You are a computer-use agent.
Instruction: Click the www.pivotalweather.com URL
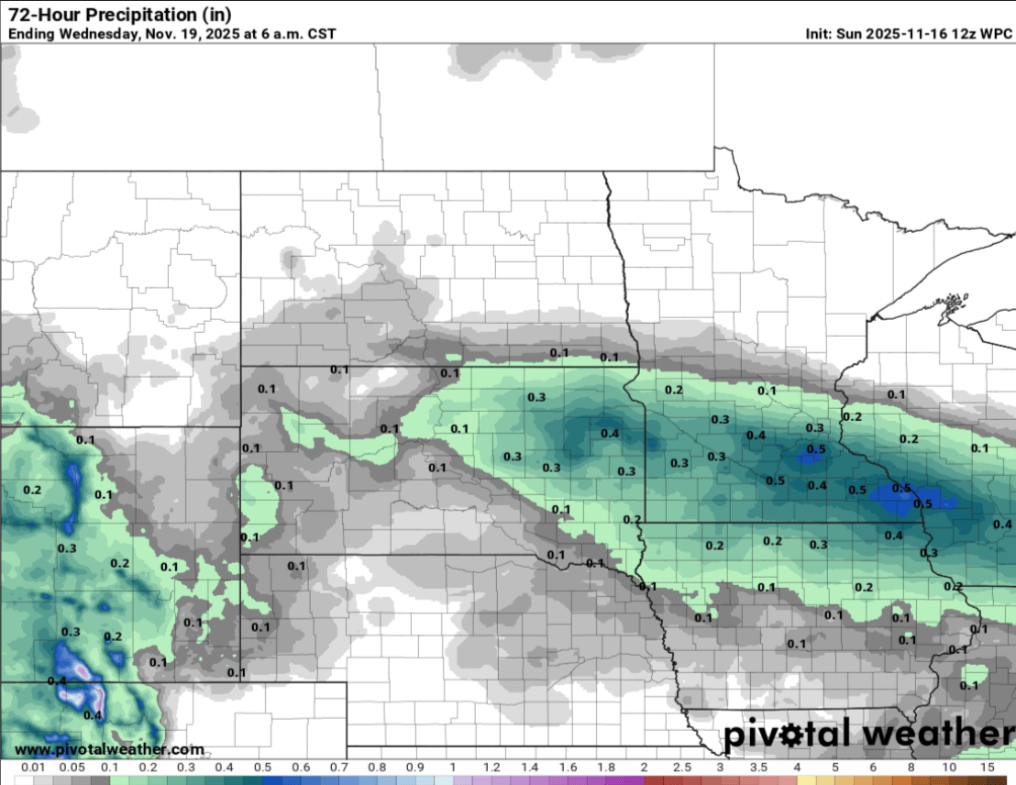[x=109, y=749]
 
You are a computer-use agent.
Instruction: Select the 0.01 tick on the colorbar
[x=32, y=766]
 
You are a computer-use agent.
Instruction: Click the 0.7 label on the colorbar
[x=338, y=766]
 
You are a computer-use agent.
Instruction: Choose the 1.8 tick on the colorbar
[x=606, y=766]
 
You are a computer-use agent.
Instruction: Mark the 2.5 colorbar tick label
[x=682, y=766]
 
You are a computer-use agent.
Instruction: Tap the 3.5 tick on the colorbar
[x=759, y=766]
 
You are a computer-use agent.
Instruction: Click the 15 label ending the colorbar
[x=988, y=766]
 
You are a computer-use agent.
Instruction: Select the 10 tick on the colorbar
[x=949, y=766]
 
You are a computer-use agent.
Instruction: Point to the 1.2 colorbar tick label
[x=491, y=766]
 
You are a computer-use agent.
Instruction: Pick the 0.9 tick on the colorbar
[x=414, y=766]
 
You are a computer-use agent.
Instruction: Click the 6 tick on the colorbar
[x=873, y=766]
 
